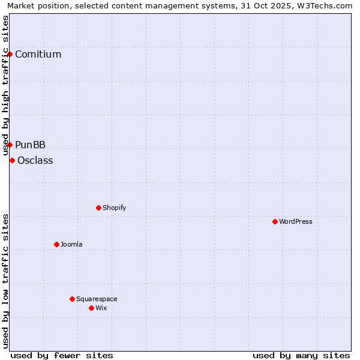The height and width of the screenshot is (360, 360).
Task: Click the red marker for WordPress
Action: pyautogui.click(x=275, y=221)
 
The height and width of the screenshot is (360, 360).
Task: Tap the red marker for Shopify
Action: pyautogui.click(x=98, y=208)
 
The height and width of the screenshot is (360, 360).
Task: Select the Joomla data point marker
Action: pyautogui.click(x=56, y=244)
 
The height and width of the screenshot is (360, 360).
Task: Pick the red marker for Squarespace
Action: pyautogui.click(x=72, y=299)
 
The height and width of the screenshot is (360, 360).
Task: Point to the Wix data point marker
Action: pyautogui.click(x=91, y=308)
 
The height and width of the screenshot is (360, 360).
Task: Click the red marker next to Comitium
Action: pyautogui.click(x=10, y=54)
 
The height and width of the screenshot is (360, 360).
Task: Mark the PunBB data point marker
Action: pyautogui.click(x=10, y=145)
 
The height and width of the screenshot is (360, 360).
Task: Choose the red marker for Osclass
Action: pyautogui.click(x=12, y=160)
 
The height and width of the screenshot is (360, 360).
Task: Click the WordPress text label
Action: pyautogui.click(x=296, y=221)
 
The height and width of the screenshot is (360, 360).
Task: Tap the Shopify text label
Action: pyautogui.click(x=115, y=208)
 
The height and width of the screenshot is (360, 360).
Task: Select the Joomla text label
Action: pyautogui.click(x=71, y=244)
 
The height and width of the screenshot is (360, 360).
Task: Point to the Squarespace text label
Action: pyautogui.click(x=97, y=299)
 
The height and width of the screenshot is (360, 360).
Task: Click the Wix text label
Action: pyautogui.click(x=101, y=308)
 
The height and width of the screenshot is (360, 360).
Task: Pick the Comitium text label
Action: pyautogui.click(x=38, y=54)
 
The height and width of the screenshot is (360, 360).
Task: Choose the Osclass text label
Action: pyautogui.click(x=35, y=160)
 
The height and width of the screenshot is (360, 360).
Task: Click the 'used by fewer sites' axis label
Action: pyautogui.click(x=62, y=355)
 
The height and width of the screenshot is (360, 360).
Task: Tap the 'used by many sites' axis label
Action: pyautogui.click(x=301, y=355)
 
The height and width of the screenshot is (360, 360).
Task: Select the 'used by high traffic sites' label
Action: pyautogui.click(x=5, y=85)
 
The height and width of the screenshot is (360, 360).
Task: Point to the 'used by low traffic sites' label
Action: pyautogui.click(x=5, y=281)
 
